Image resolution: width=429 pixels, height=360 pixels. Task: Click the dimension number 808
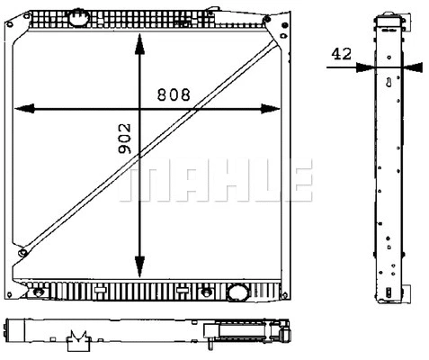pyautogui.click(x=176, y=94)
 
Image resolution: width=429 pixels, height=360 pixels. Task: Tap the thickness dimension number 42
pyautogui.click(x=341, y=54)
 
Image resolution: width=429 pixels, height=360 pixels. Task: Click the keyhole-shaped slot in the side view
pyautogui.click(x=388, y=85)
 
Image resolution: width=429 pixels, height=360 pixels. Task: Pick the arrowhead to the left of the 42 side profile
pyautogui.click(x=363, y=66)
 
